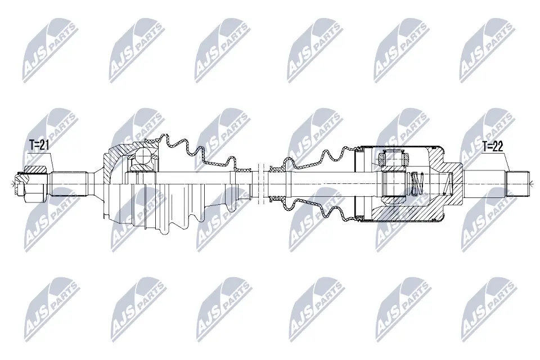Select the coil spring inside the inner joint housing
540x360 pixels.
(416, 183)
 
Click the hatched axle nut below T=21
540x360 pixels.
(35, 170)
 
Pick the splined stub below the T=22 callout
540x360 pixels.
(518, 182)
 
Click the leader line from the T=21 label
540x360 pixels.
(49, 161)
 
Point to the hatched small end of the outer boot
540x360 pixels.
(243, 169)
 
